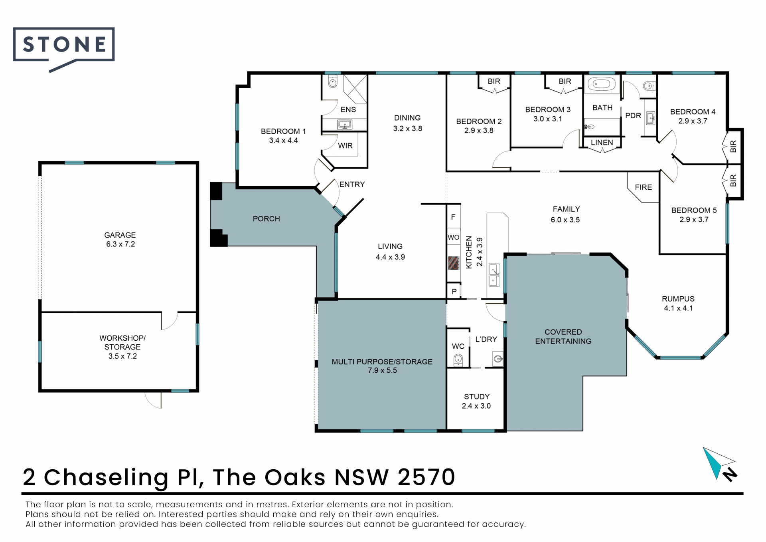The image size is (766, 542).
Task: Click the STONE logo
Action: [x=64, y=48]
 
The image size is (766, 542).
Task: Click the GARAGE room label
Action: [x=120, y=235]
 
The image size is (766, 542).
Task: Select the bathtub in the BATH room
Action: [x=602, y=84]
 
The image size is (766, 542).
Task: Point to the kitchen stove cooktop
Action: [x=453, y=263]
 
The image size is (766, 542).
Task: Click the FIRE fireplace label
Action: [x=644, y=187]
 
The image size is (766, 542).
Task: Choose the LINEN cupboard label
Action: [x=602, y=143]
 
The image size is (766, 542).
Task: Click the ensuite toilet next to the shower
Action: [x=333, y=82]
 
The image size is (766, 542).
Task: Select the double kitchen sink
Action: [x=494, y=275]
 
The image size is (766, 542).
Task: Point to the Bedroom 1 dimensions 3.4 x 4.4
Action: [x=283, y=141]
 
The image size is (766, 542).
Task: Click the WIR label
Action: [x=345, y=146]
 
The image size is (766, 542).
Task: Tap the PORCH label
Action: [x=267, y=219]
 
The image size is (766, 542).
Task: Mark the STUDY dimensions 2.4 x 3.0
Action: [x=476, y=406]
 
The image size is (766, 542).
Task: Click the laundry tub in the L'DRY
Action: [x=498, y=359]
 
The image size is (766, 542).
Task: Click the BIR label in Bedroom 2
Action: [x=494, y=81]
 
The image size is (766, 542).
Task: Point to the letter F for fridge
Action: [x=453, y=217]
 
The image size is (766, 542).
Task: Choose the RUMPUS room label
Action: [x=678, y=299]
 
